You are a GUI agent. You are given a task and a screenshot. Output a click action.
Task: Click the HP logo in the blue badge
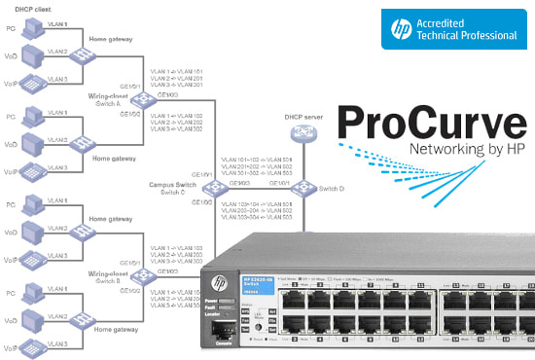(397, 28)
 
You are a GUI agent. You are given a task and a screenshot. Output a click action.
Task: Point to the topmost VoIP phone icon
(32, 82)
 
